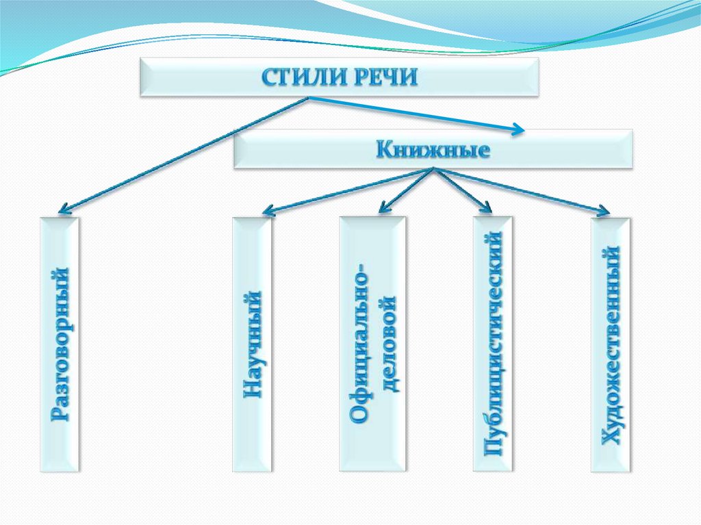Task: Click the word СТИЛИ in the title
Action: [304, 78]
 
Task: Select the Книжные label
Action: [433, 150]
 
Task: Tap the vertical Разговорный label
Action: [60, 344]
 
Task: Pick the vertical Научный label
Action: [252, 344]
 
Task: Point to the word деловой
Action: [387, 344]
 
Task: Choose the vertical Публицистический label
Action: [493, 344]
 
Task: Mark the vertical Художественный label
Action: [611, 344]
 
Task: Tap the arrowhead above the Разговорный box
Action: [64, 208]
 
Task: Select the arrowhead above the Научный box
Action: [268, 210]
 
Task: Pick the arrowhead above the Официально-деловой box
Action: [383, 207]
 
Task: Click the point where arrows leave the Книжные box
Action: [433, 169]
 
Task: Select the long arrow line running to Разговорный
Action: [184, 154]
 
